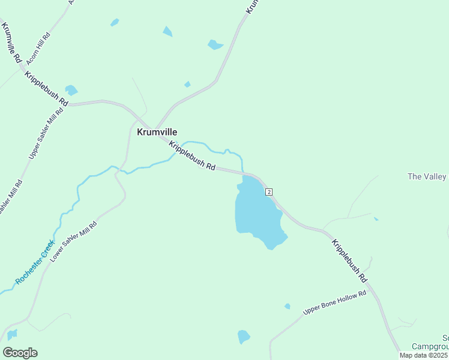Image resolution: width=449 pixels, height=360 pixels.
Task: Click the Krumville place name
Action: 157,132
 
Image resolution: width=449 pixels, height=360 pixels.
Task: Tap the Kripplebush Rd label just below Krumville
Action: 191,155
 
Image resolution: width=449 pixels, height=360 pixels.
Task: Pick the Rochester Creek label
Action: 35,262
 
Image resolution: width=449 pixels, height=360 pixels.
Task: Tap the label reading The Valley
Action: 427,176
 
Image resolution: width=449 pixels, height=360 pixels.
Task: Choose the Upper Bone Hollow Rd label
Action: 334,303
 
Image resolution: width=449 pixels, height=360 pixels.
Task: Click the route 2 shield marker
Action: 270,191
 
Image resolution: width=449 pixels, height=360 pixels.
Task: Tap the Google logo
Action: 20,352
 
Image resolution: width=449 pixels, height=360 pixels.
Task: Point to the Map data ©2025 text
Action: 424,355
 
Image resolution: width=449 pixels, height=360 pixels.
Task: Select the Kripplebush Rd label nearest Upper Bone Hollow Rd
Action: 349,260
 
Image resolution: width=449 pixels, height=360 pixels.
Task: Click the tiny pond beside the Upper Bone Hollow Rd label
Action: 288,307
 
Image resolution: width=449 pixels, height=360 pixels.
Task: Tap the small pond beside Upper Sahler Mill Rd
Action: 71,91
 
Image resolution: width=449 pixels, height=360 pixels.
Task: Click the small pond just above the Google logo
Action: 12,334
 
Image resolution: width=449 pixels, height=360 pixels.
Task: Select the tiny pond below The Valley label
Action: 376,219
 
